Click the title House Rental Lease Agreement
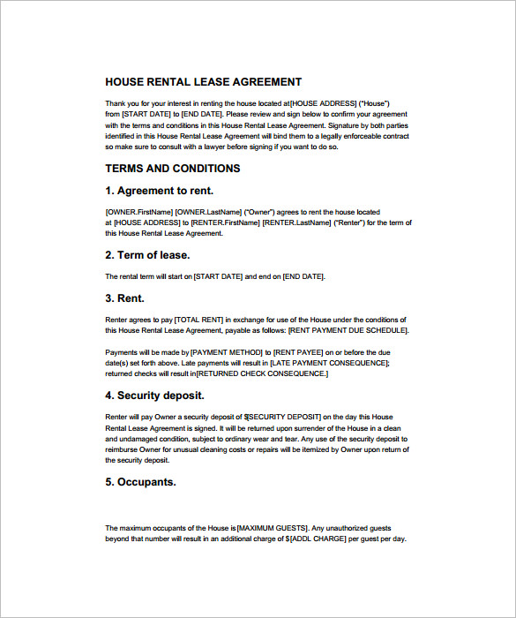click(203, 82)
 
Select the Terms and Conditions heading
click(173, 168)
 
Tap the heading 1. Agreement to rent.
click(160, 191)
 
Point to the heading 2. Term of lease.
click(147, 255)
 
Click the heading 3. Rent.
click(124, 298)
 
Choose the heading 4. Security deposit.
click(154, 396)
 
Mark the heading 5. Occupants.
click(140, 482)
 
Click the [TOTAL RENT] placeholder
click(198, 320)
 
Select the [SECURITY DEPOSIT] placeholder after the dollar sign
click(284, 417)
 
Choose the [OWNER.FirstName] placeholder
click(138, 212)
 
